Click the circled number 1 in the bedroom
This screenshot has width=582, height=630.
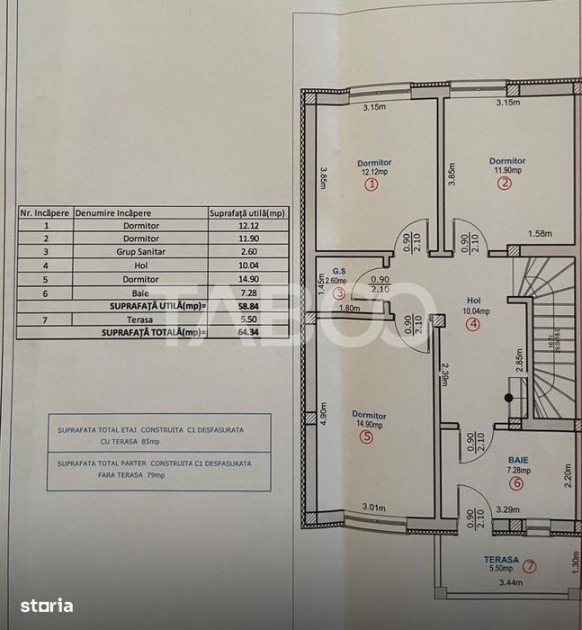(x=371, y=184)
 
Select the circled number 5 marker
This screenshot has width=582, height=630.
(x=365, y=437)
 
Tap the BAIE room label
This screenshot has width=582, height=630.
(x=516, y=459)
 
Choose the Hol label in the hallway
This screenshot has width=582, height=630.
(x=474, y=301)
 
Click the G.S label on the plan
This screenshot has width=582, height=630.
(x=338, y=270)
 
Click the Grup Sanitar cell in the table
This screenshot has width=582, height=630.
(x=141, y=252)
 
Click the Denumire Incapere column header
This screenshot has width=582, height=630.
(x=116, y=213)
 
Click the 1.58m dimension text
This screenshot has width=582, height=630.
(x=540, y=235)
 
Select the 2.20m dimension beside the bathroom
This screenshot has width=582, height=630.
(x=569, y=475)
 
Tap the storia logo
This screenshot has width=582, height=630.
(x=48, y=606)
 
